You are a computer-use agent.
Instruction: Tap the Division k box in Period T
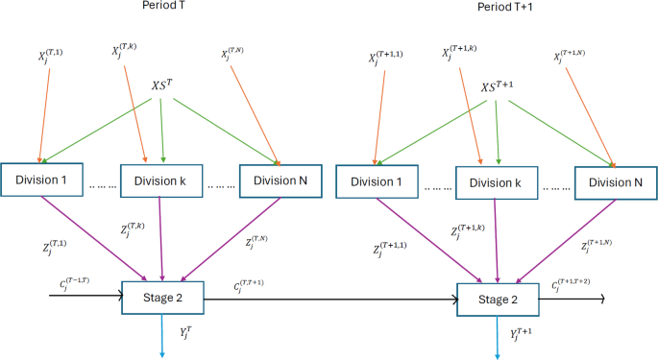(x=161, y=180)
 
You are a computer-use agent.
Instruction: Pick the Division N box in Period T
(x=280, y=180)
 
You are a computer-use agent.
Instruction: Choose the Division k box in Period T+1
(x=496, y=181)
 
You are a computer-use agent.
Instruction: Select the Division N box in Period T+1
(x=614, y=181)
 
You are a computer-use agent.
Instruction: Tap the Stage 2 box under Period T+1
(x=497, y=299)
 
